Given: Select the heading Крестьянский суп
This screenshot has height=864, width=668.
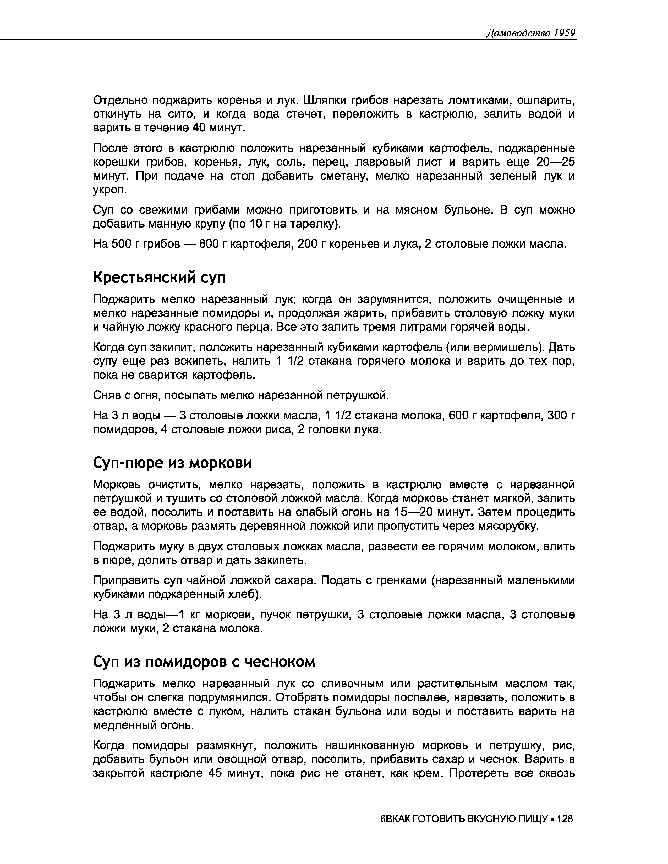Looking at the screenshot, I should pos(159,277).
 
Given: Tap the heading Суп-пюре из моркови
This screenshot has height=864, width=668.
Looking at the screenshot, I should pos(172,462).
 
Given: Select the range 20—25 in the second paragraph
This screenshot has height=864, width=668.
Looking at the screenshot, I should pos(555,162).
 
